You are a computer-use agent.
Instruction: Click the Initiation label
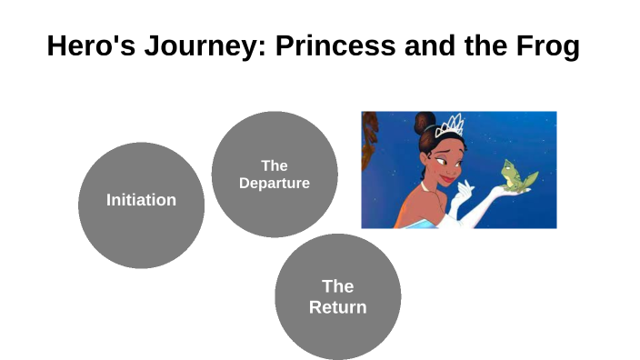point(141,200)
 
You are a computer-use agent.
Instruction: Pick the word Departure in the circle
point(274,183)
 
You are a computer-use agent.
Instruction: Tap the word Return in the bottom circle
point(337,307)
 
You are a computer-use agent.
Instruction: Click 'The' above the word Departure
point(274,165)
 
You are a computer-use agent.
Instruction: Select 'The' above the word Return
point(337,287)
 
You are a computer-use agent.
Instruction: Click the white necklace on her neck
point(425,186)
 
